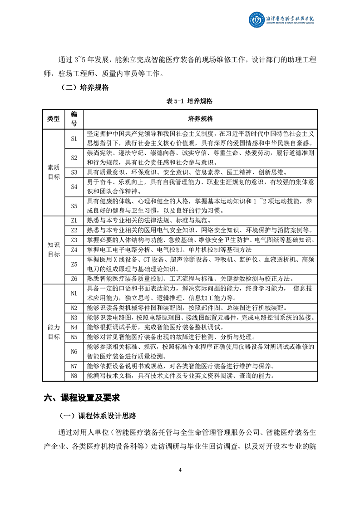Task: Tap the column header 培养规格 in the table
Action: coord(200,119)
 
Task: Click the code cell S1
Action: coord(74,138)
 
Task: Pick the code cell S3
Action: coord(74,172)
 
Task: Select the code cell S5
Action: coord(74,206)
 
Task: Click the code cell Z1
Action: coord(74,220)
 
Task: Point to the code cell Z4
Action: coord(74,250)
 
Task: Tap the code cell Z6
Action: coord(74,279)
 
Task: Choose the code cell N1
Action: coord(74,294)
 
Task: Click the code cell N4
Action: coord(74,327)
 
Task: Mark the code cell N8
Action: coord(74,376)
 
